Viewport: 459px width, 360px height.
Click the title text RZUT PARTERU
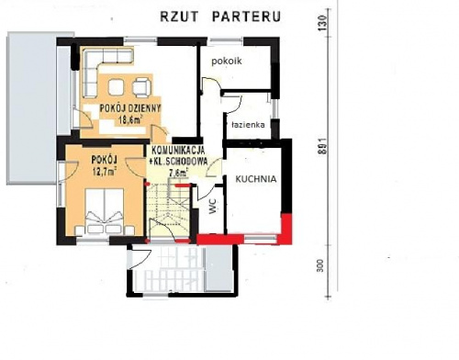[x=221, y=17]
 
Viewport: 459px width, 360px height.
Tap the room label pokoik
[x=226, y=60]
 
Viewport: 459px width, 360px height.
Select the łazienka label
[x=248, y=122]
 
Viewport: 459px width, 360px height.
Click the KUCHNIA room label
[x=254, y=180]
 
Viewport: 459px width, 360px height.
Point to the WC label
[x=212, y=209]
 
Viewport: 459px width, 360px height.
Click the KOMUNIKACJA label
[x=178, y=151]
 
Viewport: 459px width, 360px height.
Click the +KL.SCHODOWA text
[x=178, y=161]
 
